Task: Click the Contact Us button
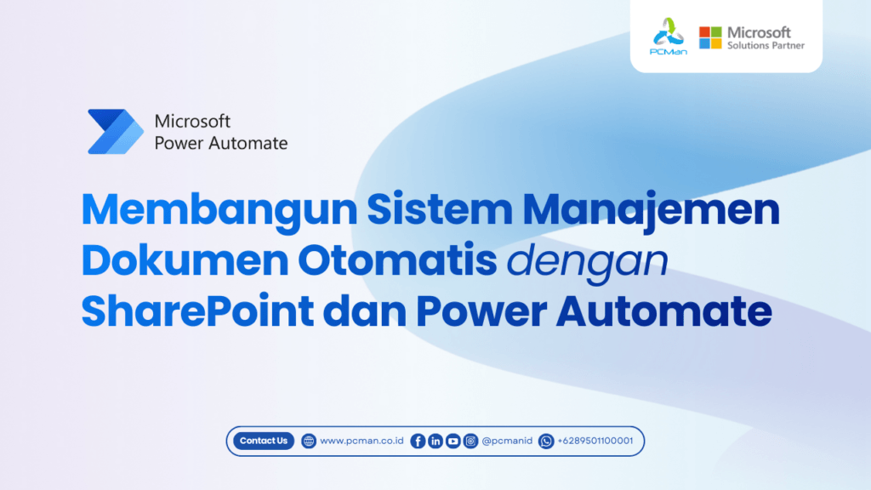[264, 441]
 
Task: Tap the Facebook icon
[418, 442]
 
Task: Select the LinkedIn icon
[435, 442]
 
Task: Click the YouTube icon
[453, 442]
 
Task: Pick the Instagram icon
[470, 442]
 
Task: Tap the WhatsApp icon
[546, 442]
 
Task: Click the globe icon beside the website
[308, 442]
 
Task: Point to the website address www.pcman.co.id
[361, 441]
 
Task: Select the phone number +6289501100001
[595, 441]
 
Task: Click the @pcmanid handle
[507, 441]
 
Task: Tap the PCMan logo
[669, 36]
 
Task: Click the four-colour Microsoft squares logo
[710, 37]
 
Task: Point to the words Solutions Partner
[766, 46]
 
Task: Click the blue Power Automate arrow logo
[116, 132]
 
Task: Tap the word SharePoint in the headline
[197, 311]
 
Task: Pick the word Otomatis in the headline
[397, 260]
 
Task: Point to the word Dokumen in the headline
[185, 260]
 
